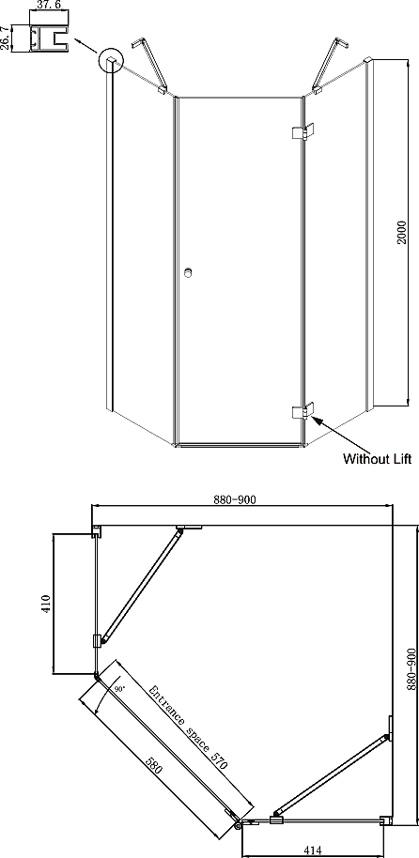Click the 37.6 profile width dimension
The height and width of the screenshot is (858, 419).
pyautogui.click(x=48, y=6)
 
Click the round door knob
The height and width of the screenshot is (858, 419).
pyautogui.click(x=189, y=272)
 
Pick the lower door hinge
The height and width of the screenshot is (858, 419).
pyautogui.click(x=303, y=410)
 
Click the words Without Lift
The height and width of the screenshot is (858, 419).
pyautogui.click(x=377, y=458)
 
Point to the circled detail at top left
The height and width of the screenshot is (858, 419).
pyautogui.click(x=112, y=60)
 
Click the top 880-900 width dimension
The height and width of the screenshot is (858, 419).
pyautogui.click(x=235, y=499)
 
